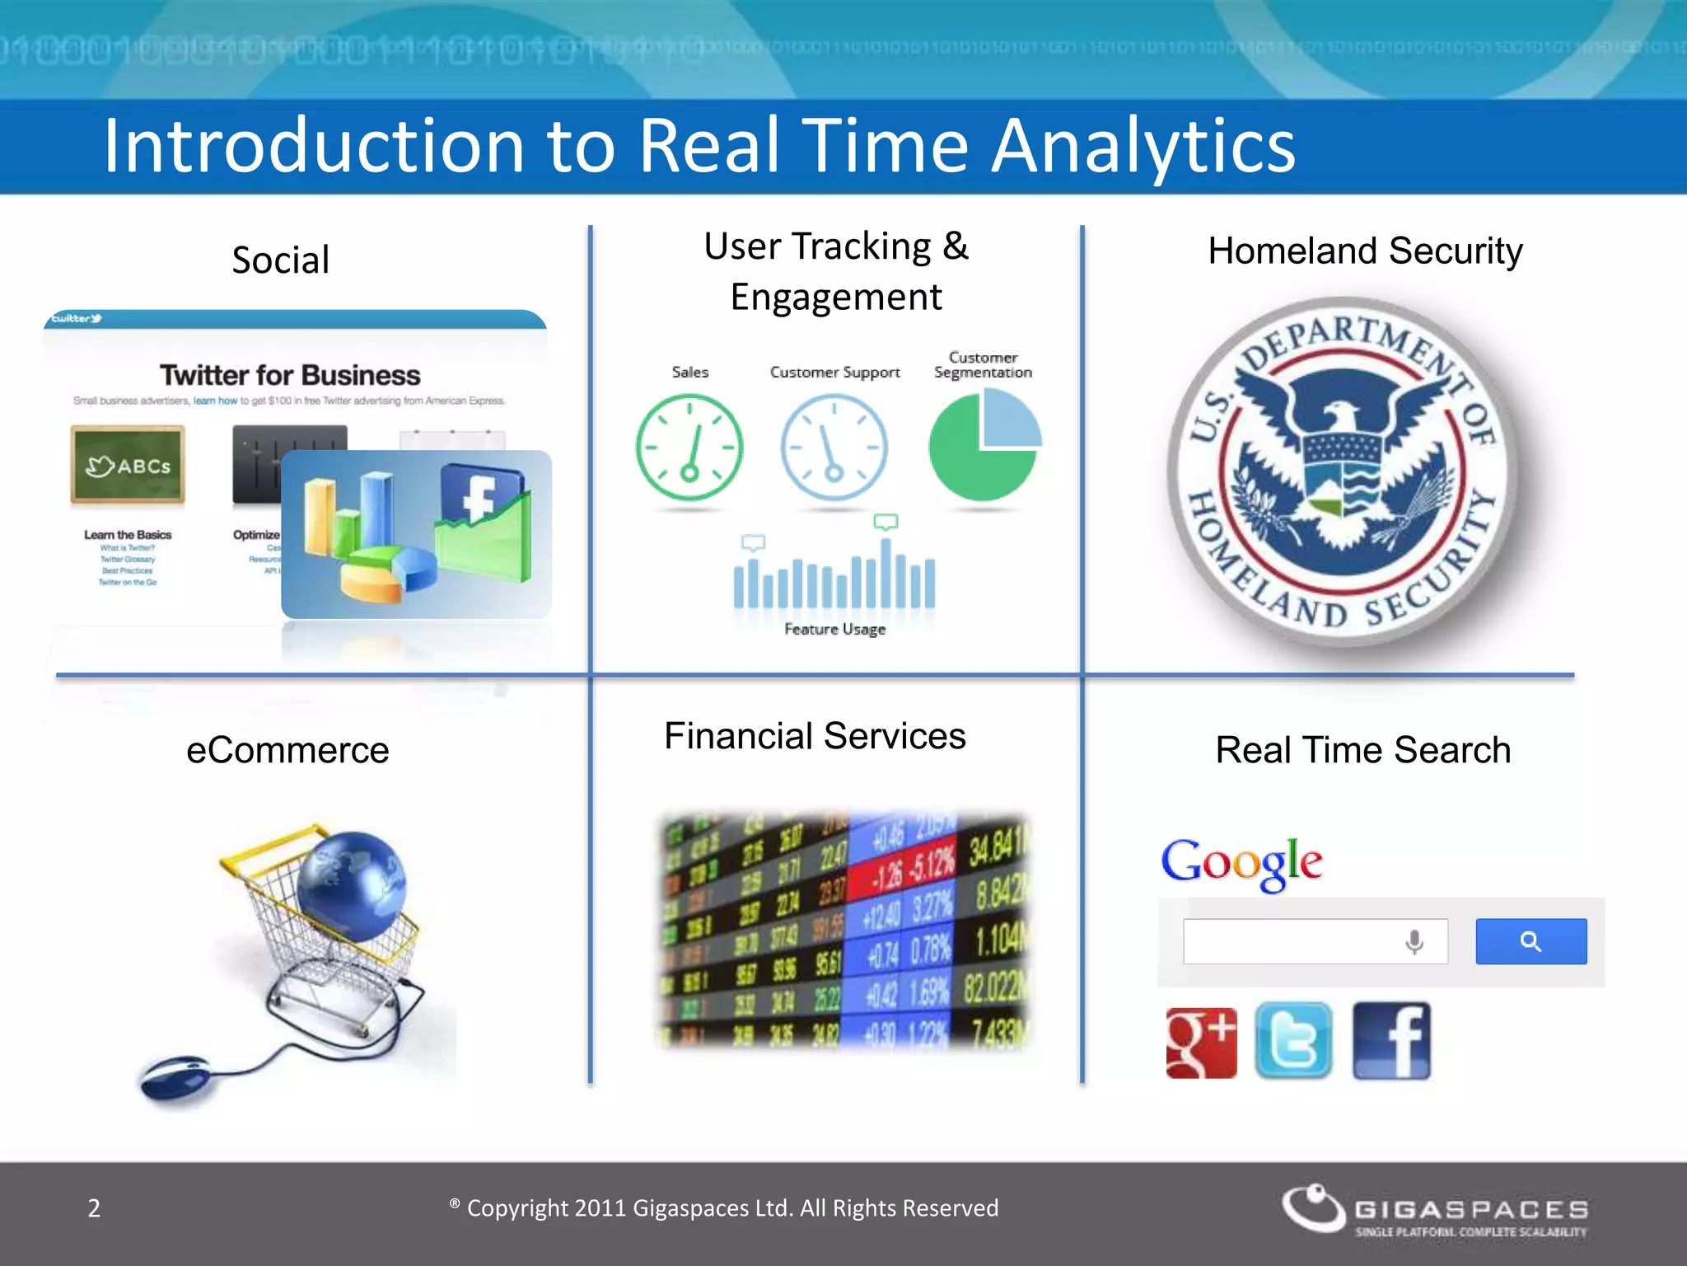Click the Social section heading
[280, 260]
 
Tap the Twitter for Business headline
[290, 376]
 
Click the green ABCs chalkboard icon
[128, 465]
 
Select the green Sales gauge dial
[689, 448]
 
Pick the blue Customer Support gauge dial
[834, 448]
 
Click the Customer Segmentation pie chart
[984, 446]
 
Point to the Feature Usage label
[834, 630]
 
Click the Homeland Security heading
[1365, 251]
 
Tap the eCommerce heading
[287, 751]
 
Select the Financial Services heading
[815, 736]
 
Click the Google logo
[1241, 862]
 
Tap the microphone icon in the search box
[1414, 941]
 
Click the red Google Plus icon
[1201, 1043]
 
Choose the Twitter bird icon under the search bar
[1293, 1041]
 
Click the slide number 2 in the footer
[94, 1208]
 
